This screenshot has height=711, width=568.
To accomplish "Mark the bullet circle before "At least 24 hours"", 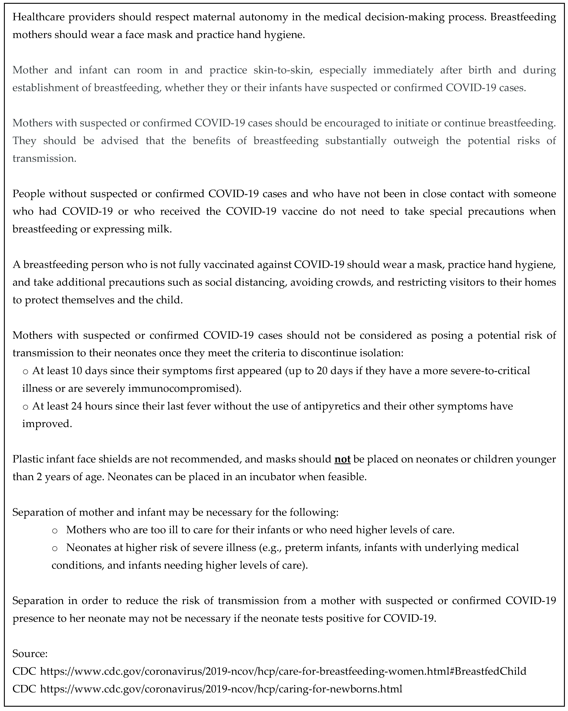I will coord(25,407).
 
